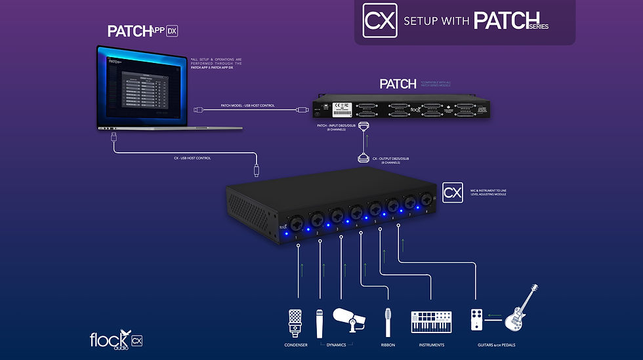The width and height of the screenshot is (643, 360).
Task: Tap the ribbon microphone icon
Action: [x=388, y=323]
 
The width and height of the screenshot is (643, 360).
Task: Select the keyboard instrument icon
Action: [x=431, y=322]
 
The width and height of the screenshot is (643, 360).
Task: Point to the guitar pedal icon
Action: [x=478, y=320]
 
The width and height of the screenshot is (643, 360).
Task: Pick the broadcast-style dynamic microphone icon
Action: [x=349, y=319]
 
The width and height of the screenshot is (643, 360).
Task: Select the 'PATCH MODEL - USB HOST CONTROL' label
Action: [x=248, y=105]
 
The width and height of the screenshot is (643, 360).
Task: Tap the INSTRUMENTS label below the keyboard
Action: [x=431, y=345]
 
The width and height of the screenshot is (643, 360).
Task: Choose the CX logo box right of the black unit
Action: [x=453, y=192]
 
